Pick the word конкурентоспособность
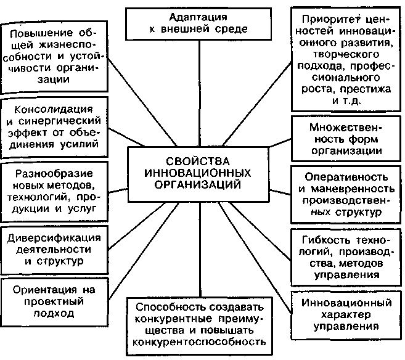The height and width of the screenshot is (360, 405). click(200, 341)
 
